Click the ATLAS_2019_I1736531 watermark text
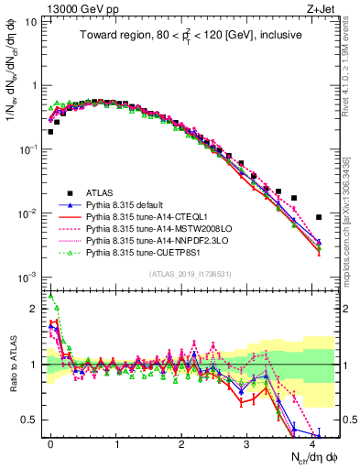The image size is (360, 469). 183,274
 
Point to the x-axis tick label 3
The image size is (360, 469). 246,442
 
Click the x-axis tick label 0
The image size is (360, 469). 50,442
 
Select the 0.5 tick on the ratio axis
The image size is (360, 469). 34,420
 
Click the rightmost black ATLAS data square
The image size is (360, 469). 318,217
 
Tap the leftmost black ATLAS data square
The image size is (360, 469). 50,132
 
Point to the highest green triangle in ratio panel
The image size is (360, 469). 50,296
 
